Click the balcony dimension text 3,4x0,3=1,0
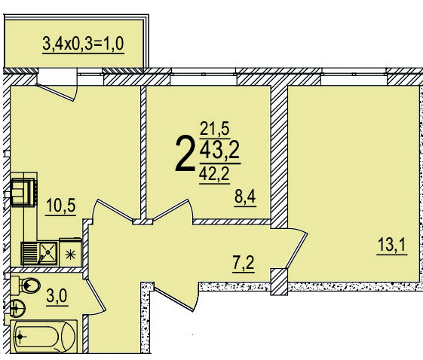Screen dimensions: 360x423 tap(83, 41)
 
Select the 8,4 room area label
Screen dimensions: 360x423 tap(246, 199)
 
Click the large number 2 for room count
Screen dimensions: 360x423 tap(184, 154)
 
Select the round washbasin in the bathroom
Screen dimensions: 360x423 tap(18, 308)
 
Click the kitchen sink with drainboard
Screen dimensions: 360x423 tap(40, 251)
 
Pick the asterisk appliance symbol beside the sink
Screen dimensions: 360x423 tap(72, 252)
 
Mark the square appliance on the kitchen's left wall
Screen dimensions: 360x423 tap(25, 191)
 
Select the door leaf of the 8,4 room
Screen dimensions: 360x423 tap(170, 210)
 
